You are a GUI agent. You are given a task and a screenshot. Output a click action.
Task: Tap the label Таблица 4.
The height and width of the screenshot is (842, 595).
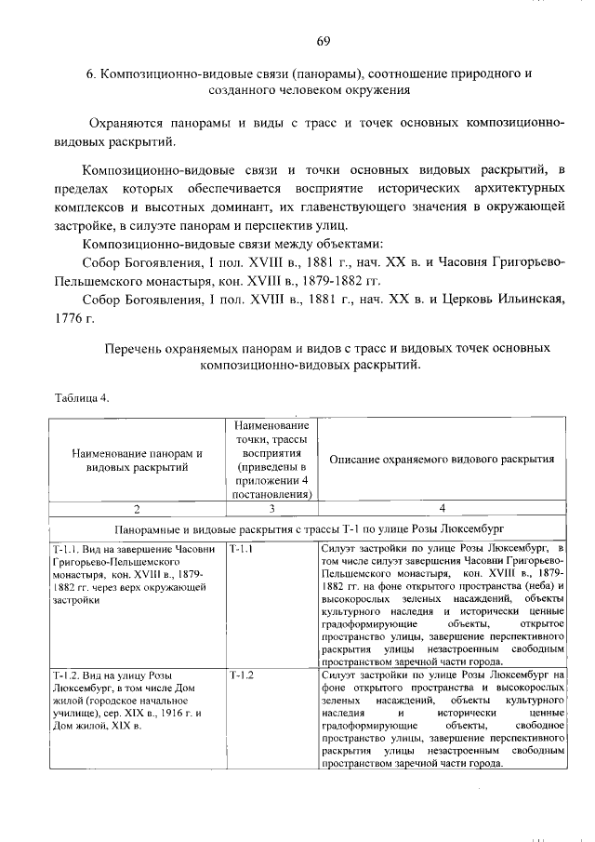(83, 399)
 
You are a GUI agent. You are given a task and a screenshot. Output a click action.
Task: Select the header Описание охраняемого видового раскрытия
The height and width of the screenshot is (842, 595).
(442, 460)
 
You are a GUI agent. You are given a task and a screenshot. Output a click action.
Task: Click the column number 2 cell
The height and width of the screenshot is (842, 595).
(138, 508)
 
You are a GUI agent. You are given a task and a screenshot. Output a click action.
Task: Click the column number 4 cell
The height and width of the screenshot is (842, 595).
(442, 508)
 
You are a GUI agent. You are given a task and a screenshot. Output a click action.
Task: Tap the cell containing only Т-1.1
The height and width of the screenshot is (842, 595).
(241, 550)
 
